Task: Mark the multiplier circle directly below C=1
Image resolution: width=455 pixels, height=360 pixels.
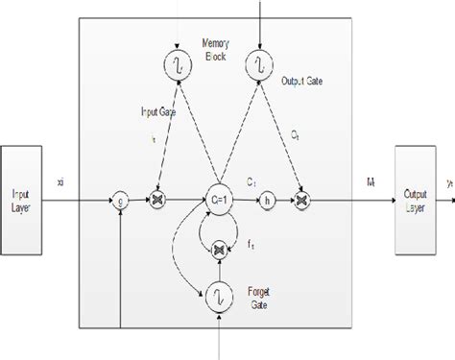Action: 221,249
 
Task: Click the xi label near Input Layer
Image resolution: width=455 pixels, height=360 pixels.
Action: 60,182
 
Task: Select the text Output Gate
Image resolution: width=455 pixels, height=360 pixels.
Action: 301,81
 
